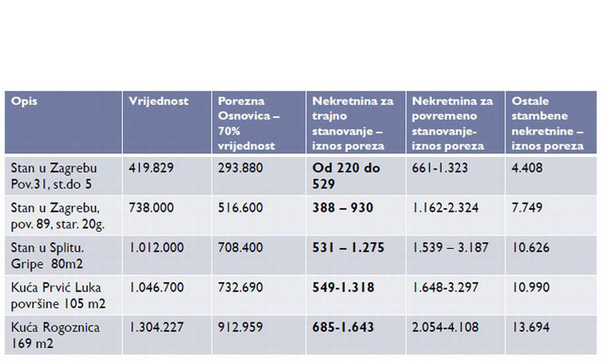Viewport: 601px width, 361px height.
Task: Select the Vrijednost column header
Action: pos(159,101)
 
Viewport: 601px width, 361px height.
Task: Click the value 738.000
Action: pos(153,207)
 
